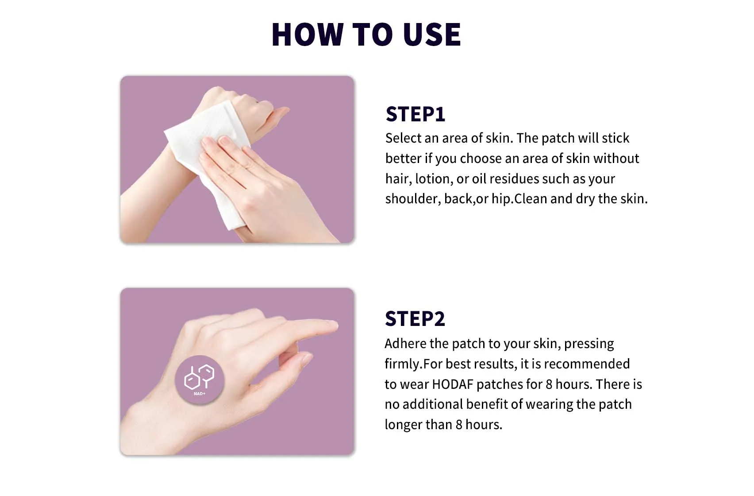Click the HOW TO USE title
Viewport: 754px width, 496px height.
[x=366, y=34]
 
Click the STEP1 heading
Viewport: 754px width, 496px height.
[x=415, y=114]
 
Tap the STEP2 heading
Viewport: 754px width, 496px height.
[x=415, y=319]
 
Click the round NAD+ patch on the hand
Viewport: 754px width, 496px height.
[x=200, y=380]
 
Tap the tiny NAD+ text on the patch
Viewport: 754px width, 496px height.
[x=200, y=394]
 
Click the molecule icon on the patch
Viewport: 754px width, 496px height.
[x=199, y=377]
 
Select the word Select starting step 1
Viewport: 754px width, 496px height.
[x=403, y=139]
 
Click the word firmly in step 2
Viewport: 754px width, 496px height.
[x=402, y=364]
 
